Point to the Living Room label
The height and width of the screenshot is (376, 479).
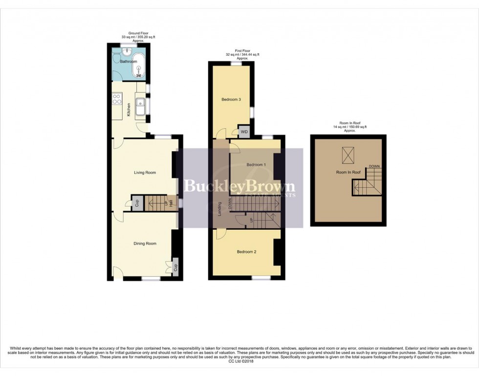[x=145, y=172]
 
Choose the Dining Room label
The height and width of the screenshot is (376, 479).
[x=145, y=243]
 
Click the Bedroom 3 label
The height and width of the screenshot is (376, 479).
[x=231, y=100]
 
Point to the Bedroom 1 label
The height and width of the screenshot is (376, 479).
[x=256, y=165]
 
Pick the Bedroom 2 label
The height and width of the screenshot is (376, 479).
[x=246, y=252]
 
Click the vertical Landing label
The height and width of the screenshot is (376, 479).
[x=220, y=209]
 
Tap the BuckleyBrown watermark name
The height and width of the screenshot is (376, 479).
[x=239, y=186]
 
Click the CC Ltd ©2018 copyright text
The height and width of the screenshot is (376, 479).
[x=239, y=362]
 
